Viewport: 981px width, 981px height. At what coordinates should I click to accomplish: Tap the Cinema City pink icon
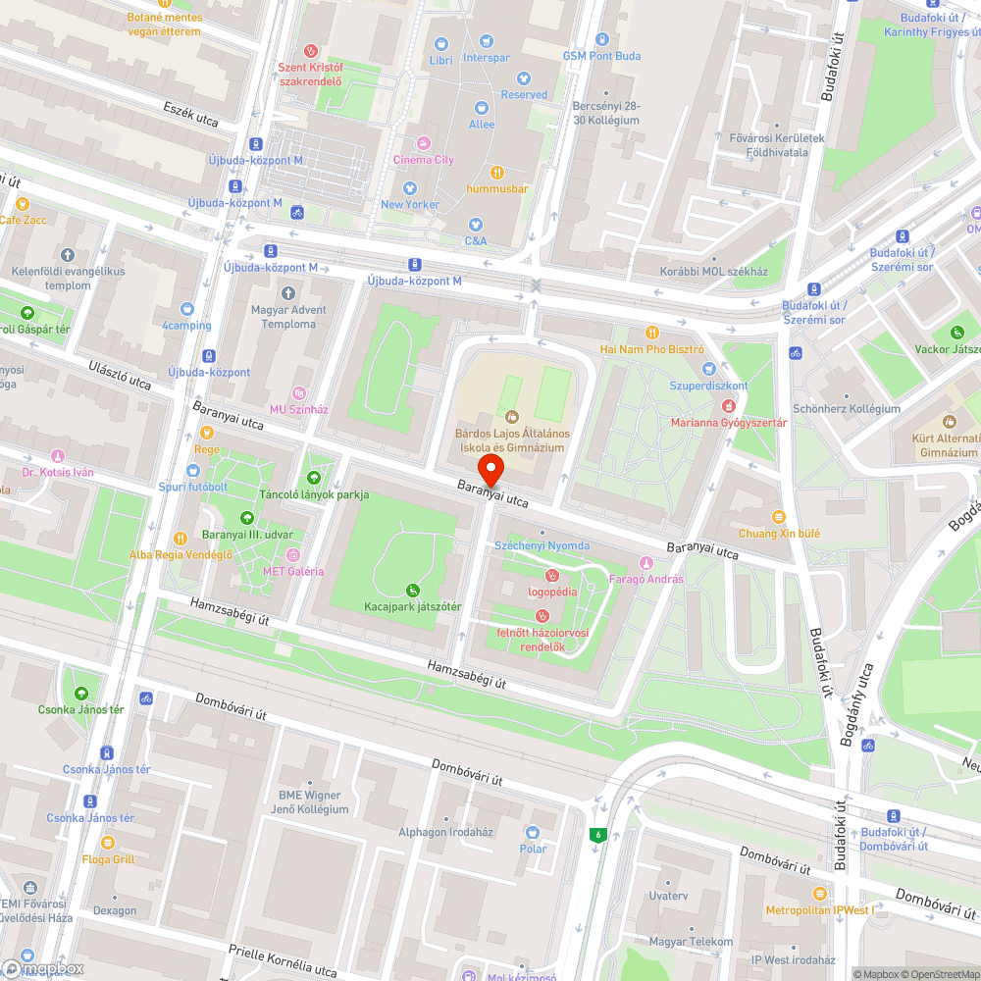[x=424, y=142]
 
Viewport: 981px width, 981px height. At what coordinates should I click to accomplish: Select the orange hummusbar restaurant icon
[x=496, y=172]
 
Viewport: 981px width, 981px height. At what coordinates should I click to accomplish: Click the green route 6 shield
[x=595, y=835]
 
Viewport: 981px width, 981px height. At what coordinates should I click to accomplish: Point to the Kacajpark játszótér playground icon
[x=412, y=590]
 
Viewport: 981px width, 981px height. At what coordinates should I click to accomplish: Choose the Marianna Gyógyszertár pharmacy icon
[x=728, y=405]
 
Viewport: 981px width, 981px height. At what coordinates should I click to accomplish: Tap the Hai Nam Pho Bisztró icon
[x=652, y=332]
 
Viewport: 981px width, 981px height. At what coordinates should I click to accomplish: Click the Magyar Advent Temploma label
[x=287, y=316]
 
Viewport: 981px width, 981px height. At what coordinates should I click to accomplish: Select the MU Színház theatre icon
[x=299, y=391]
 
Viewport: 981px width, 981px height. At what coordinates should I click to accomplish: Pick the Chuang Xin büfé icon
[x=779, y=516]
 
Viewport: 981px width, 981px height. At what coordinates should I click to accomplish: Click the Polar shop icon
[x=533, y=832]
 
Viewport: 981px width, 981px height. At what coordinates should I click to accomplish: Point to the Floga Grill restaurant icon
[x=108, y=842]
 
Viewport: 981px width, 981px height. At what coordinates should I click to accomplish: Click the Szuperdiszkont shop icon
[x=710, y=369]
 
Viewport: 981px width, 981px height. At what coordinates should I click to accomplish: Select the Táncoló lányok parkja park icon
[x=314, y=478]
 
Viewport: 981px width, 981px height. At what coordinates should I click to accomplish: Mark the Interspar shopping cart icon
[x=487, y=41]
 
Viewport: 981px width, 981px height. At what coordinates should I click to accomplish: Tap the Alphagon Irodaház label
[x=445, y=832]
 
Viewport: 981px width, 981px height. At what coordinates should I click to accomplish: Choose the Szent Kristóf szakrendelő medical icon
[x=311, y=51]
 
